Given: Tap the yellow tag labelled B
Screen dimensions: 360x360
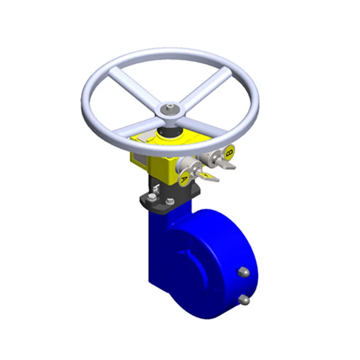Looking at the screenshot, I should tap(230, 152).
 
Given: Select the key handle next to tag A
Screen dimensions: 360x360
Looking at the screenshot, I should tap(208, 176).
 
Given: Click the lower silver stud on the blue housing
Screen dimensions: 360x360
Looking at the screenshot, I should tap(245, 299).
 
